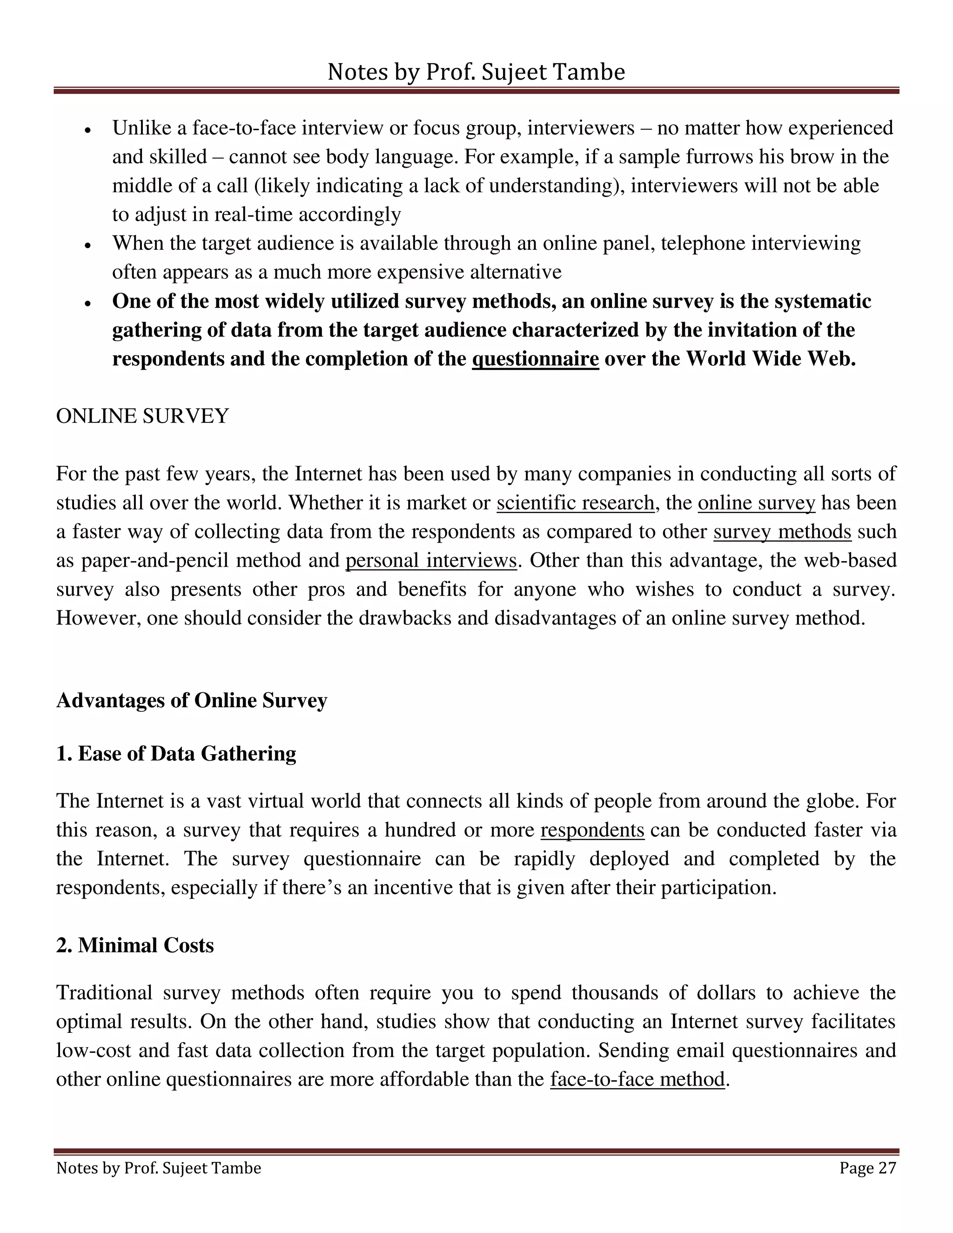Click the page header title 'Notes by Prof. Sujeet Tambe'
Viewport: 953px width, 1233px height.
(x=476, y=72)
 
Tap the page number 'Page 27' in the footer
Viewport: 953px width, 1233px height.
(x=867, y=1167)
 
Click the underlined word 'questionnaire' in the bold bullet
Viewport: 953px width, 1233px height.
(x=535, y=359)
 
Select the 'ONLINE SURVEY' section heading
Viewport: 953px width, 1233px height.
(x=142, y=416)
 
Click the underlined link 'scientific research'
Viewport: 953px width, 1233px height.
(x=575, y=503)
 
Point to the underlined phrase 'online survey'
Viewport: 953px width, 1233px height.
(x=757, y=503)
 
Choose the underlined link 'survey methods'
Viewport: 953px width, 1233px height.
(x=782, y=531)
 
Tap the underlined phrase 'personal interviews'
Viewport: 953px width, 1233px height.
(x=431, y=560)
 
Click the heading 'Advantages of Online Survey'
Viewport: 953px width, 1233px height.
(x=191, y=700)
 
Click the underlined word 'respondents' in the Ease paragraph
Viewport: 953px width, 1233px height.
(x=592, y=830)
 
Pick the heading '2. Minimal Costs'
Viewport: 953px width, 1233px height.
(x=135, y=945)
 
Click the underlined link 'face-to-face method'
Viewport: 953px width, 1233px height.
(x=638, y=1079)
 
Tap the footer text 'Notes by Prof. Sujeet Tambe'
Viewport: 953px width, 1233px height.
(x=159, y=1167)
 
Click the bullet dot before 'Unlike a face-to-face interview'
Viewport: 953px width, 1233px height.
(x=87, y=130)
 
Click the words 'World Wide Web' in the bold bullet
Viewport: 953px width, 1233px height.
(x=769, y=359)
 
